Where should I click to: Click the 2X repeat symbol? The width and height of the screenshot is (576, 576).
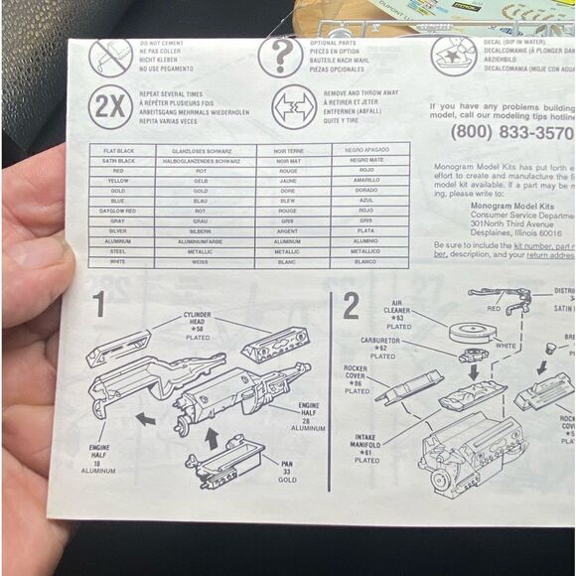110,106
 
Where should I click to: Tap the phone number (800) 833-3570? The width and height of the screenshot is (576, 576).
511,132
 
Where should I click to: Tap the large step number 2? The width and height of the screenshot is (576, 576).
351,306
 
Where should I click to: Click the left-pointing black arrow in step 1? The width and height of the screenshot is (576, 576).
146,418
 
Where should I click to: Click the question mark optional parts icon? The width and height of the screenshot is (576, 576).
280,56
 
